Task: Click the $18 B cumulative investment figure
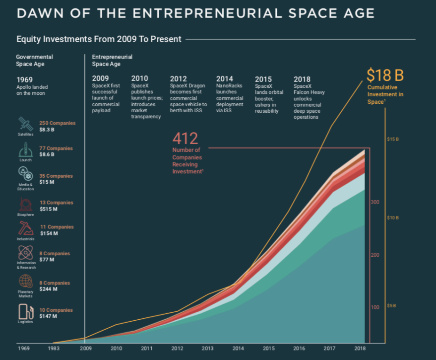[385, 75]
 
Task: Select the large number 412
[185, 138]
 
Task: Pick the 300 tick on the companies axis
[374, 202]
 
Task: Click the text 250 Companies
[57, 123]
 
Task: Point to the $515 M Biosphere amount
[49, 209]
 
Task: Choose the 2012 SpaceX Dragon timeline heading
[178, 78]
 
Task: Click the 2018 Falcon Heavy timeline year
[302, 78]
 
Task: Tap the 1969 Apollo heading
[24, 79]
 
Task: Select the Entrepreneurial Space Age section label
[112, 60]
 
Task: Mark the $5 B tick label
[391, 306]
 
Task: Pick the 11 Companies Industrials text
[60, 227]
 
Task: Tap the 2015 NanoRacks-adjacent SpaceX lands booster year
[263, 79]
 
